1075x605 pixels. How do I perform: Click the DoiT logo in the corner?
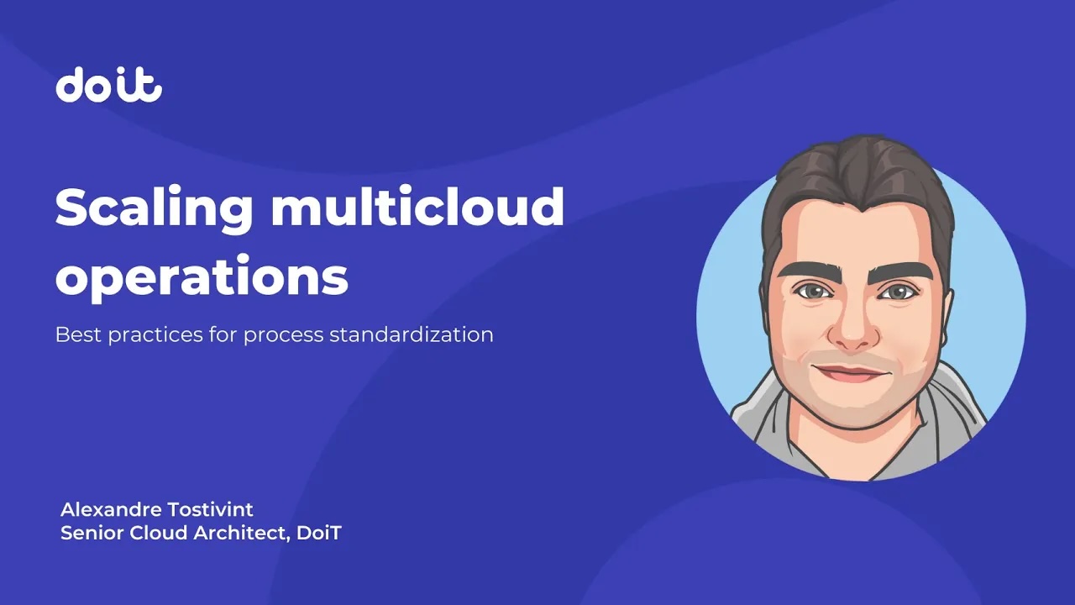[109, 85]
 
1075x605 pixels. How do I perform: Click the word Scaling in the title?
[154, 210]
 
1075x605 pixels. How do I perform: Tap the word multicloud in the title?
[417, 207]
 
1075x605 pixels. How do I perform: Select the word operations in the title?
[202, 276]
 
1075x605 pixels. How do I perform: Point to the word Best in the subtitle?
[79, 334]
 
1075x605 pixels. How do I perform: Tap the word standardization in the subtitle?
[412, 334]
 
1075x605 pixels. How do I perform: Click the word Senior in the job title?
[92, 533]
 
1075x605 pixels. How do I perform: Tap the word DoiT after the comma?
[318, 533]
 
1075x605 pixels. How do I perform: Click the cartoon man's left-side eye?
[812, 291]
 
